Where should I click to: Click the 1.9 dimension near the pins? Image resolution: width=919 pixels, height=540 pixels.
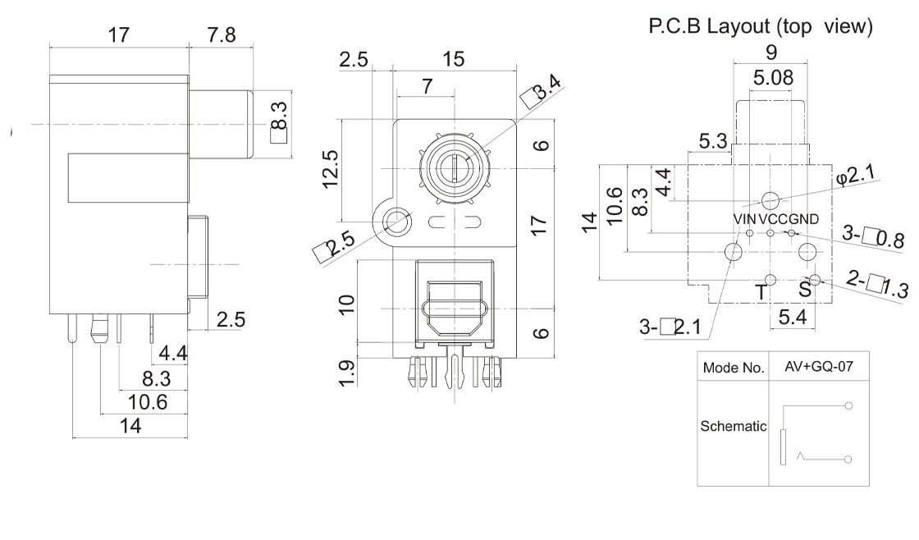click(347, 373)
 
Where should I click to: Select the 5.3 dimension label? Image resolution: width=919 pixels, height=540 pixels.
click(713, 142)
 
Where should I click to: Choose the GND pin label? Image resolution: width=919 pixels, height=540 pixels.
click(803, 219)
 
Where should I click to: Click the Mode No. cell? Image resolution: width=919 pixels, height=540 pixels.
click(734, 367)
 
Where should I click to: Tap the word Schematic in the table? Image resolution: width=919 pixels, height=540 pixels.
click(734, 427)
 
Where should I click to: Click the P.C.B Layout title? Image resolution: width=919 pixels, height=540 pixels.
click(761, 26)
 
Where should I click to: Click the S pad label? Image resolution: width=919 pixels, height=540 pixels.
click(804, 290)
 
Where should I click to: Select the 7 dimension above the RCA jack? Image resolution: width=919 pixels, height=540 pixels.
click(426, 87)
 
